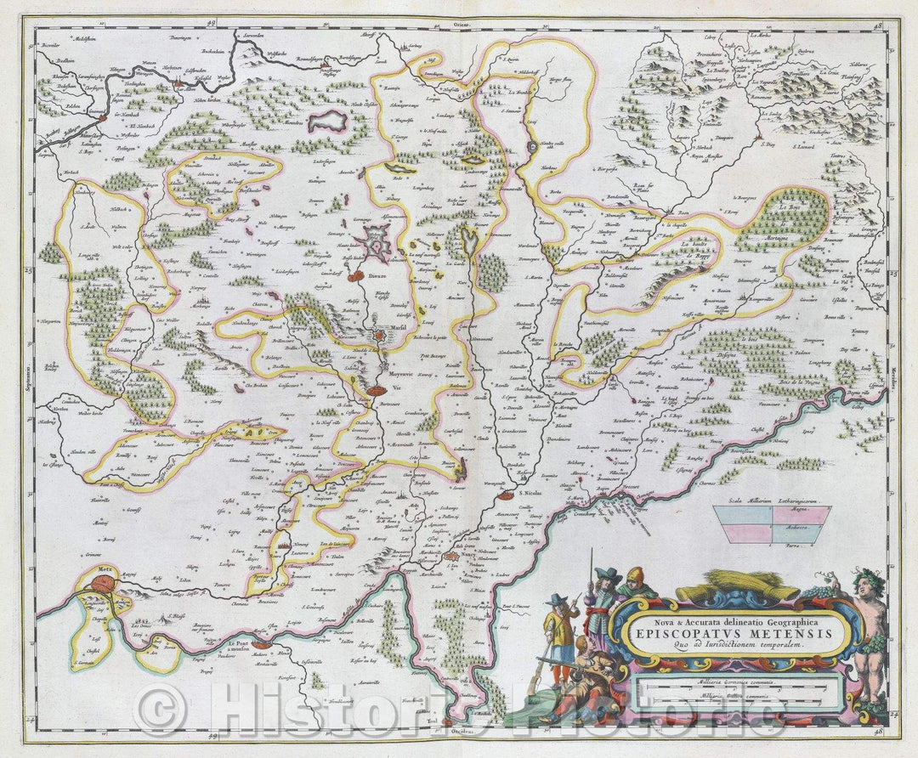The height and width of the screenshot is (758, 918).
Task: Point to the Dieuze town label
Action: coord(377,276)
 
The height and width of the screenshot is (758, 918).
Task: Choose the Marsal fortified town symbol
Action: coord(379,335)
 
